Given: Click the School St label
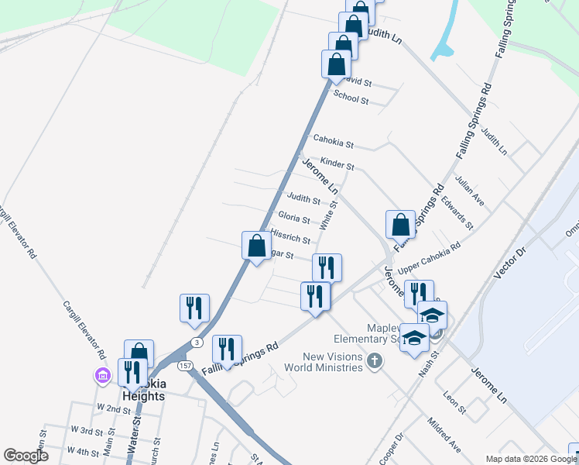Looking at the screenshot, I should (x=351, y=99).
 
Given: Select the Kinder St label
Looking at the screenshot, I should (x=337, y=165).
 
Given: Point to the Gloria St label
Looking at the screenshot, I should (x=293, y=218).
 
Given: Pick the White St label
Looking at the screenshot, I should (x=330, y=216).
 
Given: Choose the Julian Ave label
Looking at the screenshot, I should (x=470, y=192).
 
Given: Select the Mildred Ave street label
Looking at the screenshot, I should (x=444, y=434).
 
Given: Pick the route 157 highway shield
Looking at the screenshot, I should (x=184, y=364).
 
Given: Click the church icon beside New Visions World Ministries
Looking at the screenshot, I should (x=375, y=360).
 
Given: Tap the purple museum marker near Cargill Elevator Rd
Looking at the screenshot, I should (x=102, y=376).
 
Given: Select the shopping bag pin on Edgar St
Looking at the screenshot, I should (x=256, y=246).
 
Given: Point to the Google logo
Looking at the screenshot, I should (x=26, y=456).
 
